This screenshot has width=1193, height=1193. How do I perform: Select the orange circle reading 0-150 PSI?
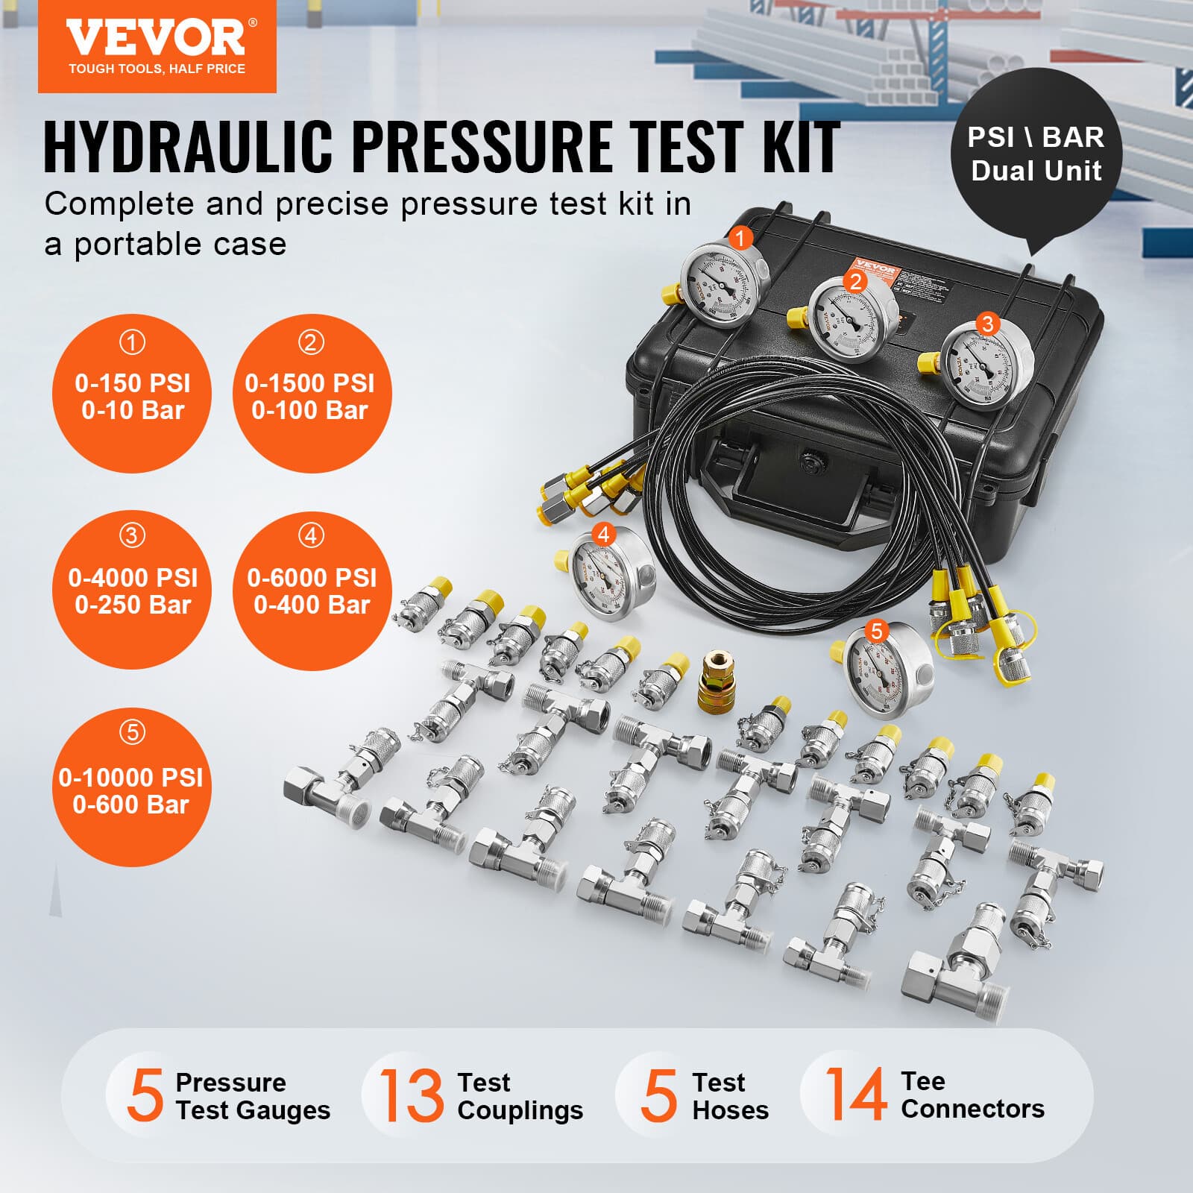132,394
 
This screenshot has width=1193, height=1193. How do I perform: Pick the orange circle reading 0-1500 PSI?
311,394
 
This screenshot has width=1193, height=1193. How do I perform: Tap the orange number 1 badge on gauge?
740,239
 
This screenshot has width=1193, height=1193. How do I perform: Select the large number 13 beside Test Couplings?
411,1095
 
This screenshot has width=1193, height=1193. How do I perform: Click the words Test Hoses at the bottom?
729,1096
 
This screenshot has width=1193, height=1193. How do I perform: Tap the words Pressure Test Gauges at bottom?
252,1096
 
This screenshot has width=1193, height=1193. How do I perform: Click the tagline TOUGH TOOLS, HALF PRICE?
157,69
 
